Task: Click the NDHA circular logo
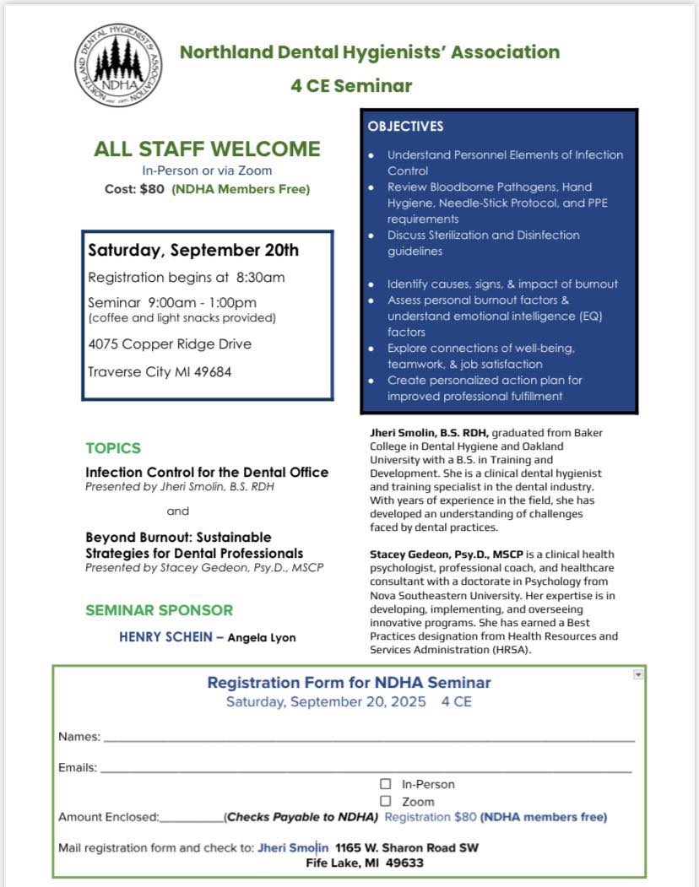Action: pyautogui.click(x=119, y=65)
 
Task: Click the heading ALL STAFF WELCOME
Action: pyautogui.click(x=207, y=149)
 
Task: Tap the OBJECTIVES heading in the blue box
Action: pyautogui.click(x=405, y=127)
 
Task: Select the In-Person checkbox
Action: pyautogui.click(x=386, y=784)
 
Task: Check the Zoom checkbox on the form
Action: pyautogui.click(x=386, y=801)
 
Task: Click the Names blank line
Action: pyautogui.click(x=368, y=738)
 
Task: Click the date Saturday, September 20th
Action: pyautogui.click(x=193, y=251)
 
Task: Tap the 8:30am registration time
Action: pyautogui.click(x=261, y=277)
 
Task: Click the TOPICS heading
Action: pyautogui.click(x=113, y=448)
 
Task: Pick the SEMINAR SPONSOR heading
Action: pyautogui.click(x=159, y=610)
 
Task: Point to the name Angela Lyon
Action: pyautogui.click(x=262, y=638)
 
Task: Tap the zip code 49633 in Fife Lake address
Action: pyautogui.click(x=405, y=863)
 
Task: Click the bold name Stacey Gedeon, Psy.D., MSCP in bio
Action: pyautogui.click(x=447, y=554)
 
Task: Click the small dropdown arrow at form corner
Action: pyautogui.click(x=638, y=674)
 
